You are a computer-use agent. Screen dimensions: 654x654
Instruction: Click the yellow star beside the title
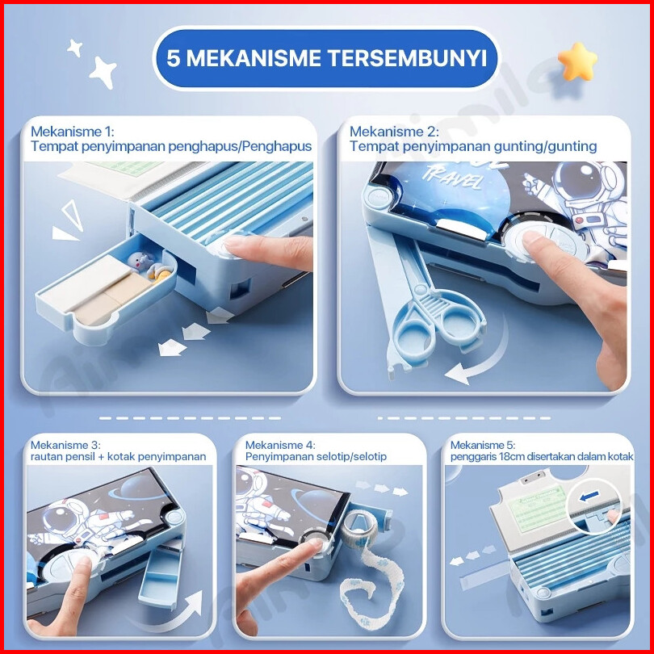pos(577,61)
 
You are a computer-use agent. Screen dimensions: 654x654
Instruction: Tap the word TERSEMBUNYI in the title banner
pos(407,58)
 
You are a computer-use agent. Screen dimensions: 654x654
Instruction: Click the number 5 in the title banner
pos(174,58)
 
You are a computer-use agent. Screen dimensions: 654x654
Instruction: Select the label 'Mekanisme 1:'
pos(72,132)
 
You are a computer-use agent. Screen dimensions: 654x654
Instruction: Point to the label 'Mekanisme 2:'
pos(394,132)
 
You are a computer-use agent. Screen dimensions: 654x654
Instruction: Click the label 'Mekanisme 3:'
pos(65,445)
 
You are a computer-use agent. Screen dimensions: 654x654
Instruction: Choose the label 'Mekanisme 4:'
pos(280,445)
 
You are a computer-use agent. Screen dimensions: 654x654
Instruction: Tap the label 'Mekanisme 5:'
pos(483,445)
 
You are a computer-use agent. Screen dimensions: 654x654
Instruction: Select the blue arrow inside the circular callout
pos(589,496)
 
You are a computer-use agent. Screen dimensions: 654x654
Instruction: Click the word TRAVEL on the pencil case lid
pos(452,178)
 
